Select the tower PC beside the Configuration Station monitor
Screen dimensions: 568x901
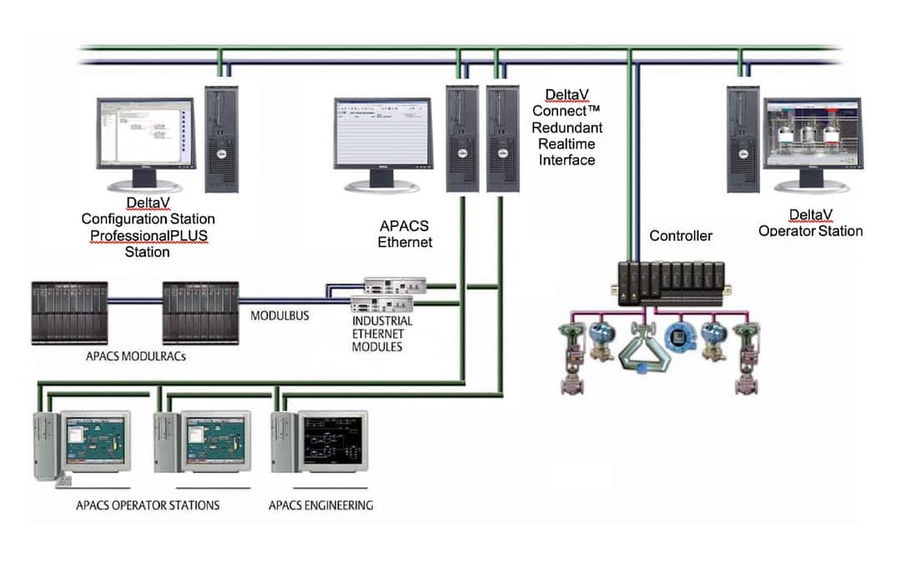pyautogui.click(x=222, y=138)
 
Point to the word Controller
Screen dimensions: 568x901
pyautogui.click(x=681, y=236)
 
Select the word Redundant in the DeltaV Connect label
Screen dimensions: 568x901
pyautogui.click(x=567, y=128)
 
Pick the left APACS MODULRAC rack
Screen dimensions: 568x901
pyautogui.click(x=69, y=312)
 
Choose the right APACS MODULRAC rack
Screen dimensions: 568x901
pyautogui.click(x=199, y=312)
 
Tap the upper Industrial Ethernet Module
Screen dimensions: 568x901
pyautogui.click(x=395, y=284)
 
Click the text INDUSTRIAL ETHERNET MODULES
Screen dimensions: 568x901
pyautogui.click(x=382, y=334)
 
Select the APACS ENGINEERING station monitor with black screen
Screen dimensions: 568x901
pyautogui.click(x=332, y=441)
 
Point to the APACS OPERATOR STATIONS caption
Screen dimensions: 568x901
pyautogui.click(x=148, y=505)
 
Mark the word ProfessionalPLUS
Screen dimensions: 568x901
pyautogui.click(x=148, y=235)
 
